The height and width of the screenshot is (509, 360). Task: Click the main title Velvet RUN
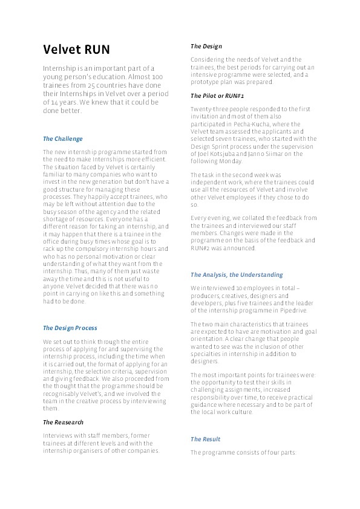click(76, 49)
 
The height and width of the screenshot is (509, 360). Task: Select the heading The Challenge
click(63, 139)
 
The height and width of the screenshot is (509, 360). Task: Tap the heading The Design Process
click(70, 328)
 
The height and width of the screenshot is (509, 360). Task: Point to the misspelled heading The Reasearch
click(63, 422)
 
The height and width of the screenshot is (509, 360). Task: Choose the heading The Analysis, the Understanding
click(237, 275)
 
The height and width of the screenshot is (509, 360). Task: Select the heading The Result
click(206, 439)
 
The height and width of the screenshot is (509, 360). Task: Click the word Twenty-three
click(209, 108)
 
